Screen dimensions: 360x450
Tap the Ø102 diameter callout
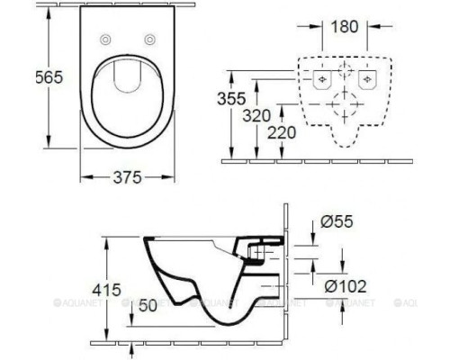[339, 286]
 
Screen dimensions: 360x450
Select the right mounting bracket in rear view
[367, 80]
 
